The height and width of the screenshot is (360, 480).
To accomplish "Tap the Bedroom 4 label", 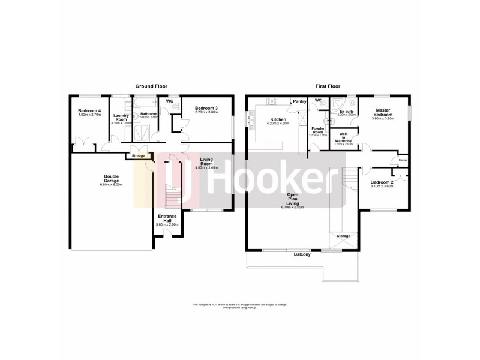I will click(87, 111).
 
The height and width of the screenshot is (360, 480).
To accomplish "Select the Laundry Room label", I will click(122, 117).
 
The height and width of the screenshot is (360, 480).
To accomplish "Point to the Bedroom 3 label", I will click(206, 108).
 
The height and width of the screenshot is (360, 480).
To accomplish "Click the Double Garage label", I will click(111, 178).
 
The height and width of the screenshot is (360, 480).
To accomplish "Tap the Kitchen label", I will click(277, 119).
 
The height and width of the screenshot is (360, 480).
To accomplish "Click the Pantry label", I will click(300, 102).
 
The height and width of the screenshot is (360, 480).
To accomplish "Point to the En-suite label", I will click(346, 111).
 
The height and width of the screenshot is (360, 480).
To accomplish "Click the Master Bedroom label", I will click(383, 112).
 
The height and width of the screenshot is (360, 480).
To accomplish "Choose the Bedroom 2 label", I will click(382, 182).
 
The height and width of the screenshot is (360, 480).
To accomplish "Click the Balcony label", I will click(302, 254).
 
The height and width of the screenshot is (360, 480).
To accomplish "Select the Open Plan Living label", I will click(293, 199).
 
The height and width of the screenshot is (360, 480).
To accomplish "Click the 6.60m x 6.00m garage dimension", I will click(111, 185).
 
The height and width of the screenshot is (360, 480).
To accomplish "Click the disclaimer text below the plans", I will click(240, 306).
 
